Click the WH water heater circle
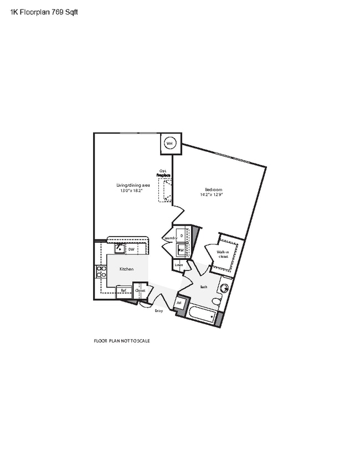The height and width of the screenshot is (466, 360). point(169,144)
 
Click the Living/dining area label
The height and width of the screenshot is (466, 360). point(133,185)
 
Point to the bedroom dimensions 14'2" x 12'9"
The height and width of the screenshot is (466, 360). point(210,194)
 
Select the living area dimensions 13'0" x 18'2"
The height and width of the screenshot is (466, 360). point(132,190)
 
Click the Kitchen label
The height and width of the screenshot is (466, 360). point(127,269)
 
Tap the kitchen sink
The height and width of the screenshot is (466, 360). point(119,249)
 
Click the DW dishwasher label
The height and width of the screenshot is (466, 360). point(131,250)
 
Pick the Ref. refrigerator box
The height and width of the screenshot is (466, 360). point(124,290)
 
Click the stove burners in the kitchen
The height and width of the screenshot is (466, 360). point(102,272)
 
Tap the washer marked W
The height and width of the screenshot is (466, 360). point(181,250)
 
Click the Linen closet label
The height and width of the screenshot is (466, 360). point(178,265)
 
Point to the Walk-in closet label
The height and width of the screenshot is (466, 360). point(223,254)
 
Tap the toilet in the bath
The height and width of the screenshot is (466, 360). point(216,301)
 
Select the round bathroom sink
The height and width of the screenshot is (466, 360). point(225,288)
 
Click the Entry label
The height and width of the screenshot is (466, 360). point(159,311)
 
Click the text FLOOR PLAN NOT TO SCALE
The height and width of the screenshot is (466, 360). point(122,341)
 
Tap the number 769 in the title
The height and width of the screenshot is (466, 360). point(53,12)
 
